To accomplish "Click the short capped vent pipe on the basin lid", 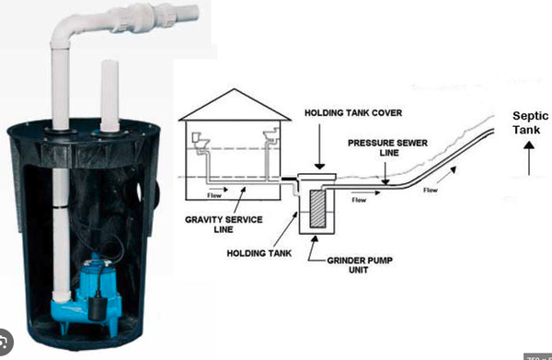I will tap(109, 92).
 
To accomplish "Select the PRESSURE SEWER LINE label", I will tap(378, 151).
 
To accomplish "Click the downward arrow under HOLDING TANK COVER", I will tap(316, 144).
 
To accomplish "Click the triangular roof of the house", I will tap(230, 107).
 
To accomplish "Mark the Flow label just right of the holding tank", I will tap(360, 200).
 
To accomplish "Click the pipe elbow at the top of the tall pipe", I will tap(64, 29).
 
